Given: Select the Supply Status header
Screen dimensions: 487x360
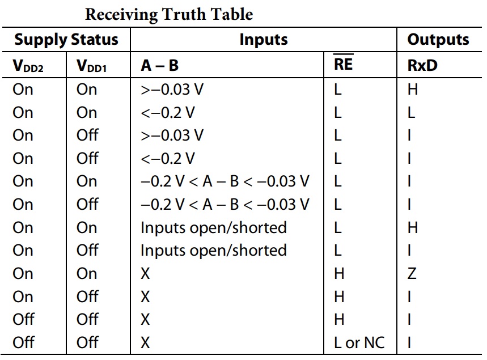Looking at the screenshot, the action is pyautogui.click(x=66, y=40).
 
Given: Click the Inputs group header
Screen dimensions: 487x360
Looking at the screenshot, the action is pyautogui.click(x=264, y=40).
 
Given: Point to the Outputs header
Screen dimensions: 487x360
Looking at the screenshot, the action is pyautogui.click(x=438, y=40).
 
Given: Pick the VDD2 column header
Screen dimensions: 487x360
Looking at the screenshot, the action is pyautogui.click(x=28, y=66).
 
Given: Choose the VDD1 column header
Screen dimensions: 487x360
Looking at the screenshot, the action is pyautogui.click(x=92, y=66).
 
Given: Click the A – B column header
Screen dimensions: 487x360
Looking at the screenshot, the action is pyautogui.click(x=160, y=66).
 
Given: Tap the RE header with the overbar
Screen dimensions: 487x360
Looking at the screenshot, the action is pyautogui.click(x=343, y=63).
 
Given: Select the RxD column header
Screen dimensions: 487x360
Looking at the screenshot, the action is pyautogui.click(x=422, y=66).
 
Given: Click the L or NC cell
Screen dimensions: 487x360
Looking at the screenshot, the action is pyautogui.click(x=359, y=342).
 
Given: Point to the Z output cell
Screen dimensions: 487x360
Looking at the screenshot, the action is pyautogui.click(x=412, y=274).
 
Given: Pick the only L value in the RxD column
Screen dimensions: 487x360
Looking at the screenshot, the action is pyautogui.click(x=411, y=112).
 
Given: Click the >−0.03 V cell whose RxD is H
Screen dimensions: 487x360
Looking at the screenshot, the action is pyautogui.click(x=172, y=90).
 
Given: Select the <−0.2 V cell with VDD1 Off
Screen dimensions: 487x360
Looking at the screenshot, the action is pyautogui.click(x=168, y=158).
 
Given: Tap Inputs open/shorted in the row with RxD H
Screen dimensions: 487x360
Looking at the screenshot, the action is pyautogui.click(x=213, y=228).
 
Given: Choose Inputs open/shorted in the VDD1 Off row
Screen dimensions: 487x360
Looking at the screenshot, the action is pyautogui.click(x=213, y=251).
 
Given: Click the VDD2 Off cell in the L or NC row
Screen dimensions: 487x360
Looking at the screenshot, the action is pyautogui.click(x=23, y=342).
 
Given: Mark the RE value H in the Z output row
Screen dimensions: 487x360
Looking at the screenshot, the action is pyautogui.click(x=339, y=274).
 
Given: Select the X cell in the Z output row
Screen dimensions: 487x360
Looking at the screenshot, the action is pyautogui.click(x=145, y=274).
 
